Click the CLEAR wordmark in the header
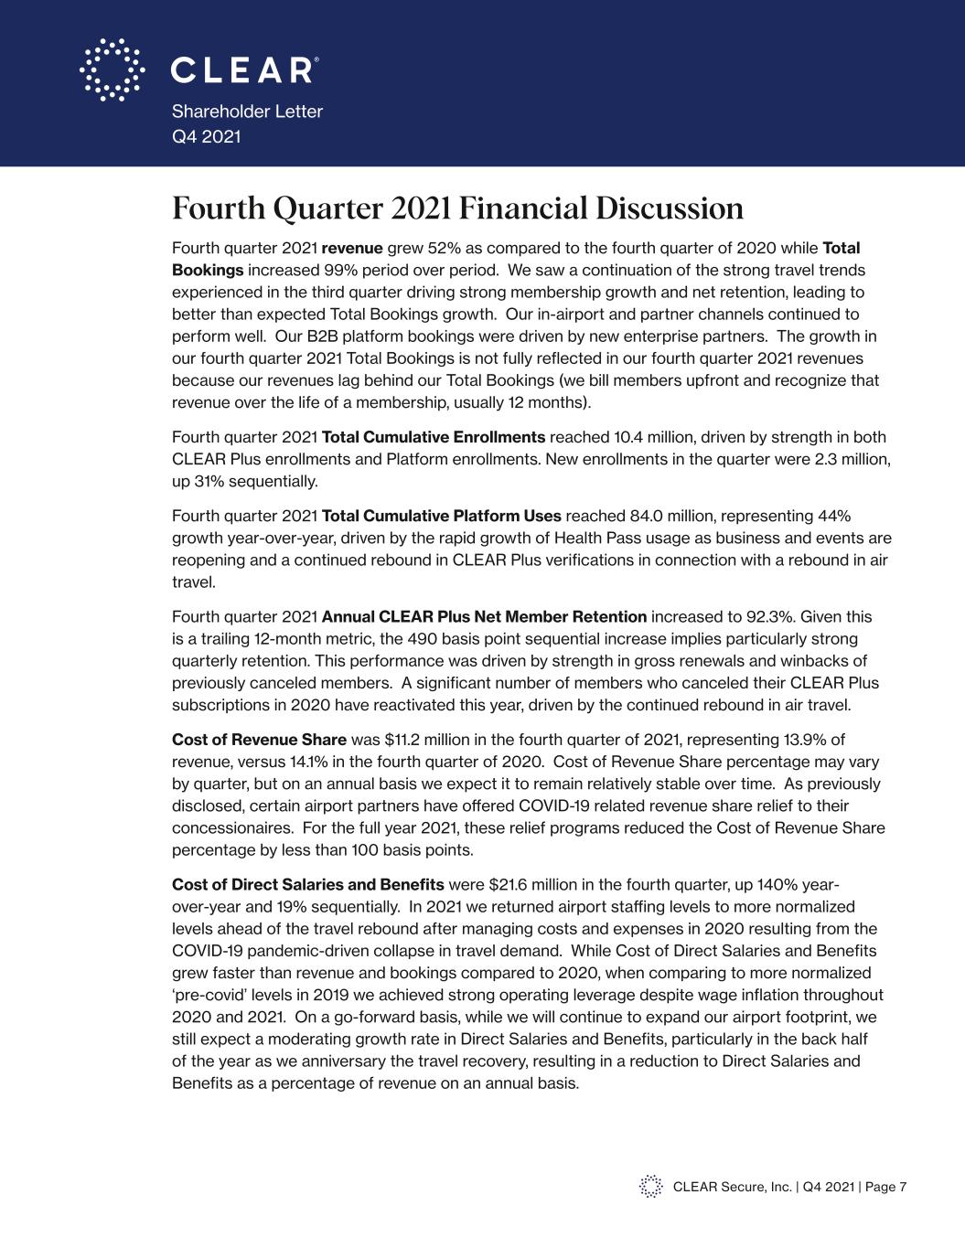[245, 70]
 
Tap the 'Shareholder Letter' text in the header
[247, 112]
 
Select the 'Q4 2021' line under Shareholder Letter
[207, 137]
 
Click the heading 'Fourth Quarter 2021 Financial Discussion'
[457, 208]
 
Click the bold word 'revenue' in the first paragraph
[352, 248]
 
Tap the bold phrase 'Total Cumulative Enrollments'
[434, 437]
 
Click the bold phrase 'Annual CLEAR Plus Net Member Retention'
[484, 617]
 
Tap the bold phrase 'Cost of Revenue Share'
[259, 740]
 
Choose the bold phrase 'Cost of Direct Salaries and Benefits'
[307, 885]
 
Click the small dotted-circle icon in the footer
[650, 1187]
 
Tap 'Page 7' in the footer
[885, 1187]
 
